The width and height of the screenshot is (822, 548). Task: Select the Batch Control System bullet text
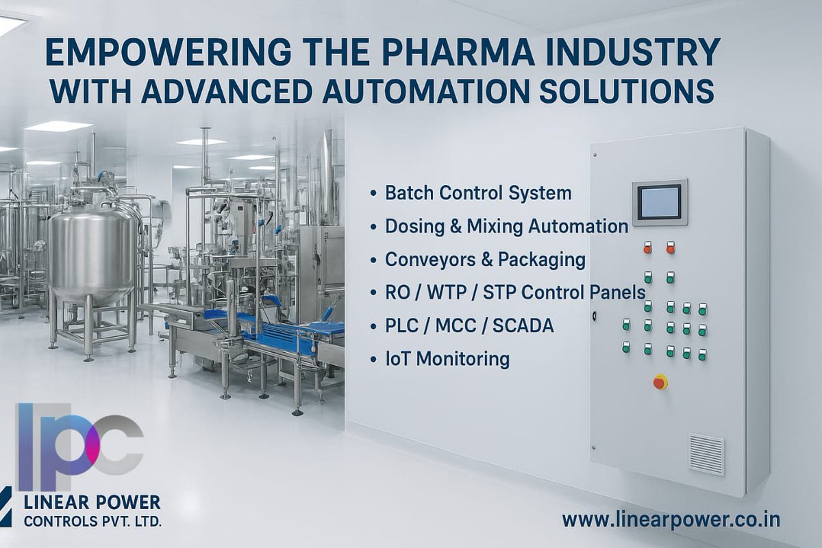click(478, 193)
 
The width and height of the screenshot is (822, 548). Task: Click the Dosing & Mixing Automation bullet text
click(506, 226)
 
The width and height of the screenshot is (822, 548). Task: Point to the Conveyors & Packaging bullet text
click(485, 260)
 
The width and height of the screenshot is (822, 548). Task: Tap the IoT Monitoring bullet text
click(447, 359)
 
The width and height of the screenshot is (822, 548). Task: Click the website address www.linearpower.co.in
click(671, 519)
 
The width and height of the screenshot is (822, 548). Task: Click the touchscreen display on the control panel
click(659, 203)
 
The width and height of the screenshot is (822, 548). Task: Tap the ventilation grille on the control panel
click(706, 453)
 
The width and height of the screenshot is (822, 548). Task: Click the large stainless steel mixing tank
click(92, 253)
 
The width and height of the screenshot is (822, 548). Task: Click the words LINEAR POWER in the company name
click(92, 502)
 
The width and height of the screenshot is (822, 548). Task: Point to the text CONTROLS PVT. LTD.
click(92, 522)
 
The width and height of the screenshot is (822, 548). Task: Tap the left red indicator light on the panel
click(647, 248)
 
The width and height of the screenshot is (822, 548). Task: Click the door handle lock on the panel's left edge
click(595, 316)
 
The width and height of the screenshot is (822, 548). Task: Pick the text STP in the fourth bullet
click(502, 292)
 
